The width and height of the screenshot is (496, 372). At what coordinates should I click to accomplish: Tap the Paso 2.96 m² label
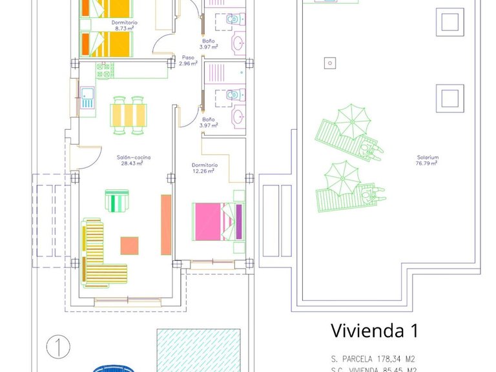click(188, 60)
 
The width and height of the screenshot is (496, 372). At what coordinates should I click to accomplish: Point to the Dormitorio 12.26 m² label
click(205, 168)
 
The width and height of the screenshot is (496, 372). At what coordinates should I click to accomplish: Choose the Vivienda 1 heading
click(374, 331)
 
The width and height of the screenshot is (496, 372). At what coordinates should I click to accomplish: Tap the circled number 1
click(58, 347)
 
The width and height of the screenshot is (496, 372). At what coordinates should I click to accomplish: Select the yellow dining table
click(128, 115)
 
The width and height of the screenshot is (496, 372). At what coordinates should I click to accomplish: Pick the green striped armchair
click(117, 201)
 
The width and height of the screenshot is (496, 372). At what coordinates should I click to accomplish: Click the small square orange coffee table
click(129, 245)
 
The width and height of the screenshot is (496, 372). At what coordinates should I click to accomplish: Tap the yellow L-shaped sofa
click(97, 255)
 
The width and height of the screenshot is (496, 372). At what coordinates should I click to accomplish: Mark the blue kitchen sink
click(88, 96)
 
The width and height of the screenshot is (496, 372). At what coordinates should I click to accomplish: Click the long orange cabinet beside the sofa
click(166, 225)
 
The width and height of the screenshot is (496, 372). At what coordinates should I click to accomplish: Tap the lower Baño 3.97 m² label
click(208, 122)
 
